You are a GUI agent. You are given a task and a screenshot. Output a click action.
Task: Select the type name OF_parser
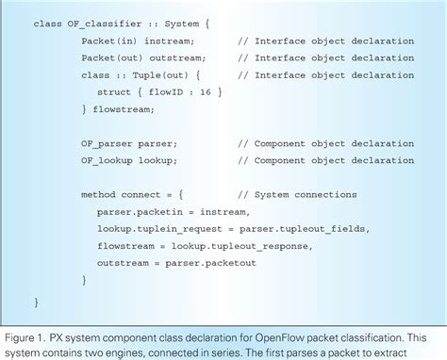pyautogui.click(x=106, y=142)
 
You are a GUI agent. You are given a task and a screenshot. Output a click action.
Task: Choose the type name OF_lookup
pyautogui.click(x=106, y=159)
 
